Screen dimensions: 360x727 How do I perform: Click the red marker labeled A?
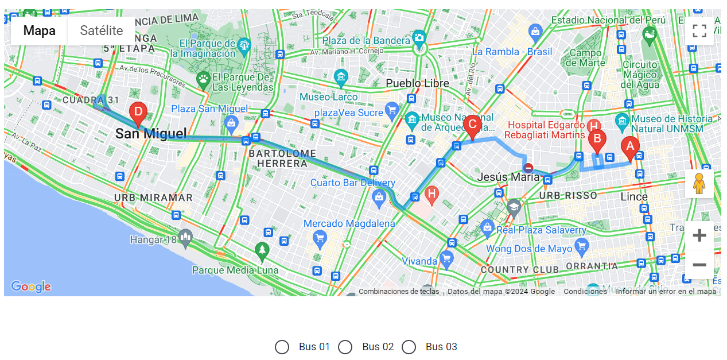click(x=630, y=148)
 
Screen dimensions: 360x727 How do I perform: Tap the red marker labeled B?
click(x=597, y=140)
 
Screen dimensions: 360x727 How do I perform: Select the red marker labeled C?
click(x=472, y=125)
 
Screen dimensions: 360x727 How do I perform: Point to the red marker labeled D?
click(x=138, y=113)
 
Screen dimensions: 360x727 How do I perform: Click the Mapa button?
click(x=39, y=31)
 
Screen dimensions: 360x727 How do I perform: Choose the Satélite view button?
click(x=102, y=31)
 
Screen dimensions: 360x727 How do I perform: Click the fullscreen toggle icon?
click(x=699, y=31)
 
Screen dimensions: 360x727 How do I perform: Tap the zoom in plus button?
click(x=699, y=235)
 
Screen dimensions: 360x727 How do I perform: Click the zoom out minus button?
click(x=699, y=265)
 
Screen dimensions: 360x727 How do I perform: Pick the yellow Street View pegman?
click(x=698, y=184)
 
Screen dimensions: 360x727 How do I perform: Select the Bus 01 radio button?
click(x=282, y=347)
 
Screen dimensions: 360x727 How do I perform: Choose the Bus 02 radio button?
click(x=345, y=347)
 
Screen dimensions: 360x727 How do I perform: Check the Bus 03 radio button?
click(x=409, y=347)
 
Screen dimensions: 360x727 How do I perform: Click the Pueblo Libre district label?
click(x=417, y=83)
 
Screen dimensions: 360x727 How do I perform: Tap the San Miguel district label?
click(x=151, y=134)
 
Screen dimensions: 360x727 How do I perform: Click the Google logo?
click(x=31, y=287)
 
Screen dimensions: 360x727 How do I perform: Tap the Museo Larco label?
click(x=329, y=97)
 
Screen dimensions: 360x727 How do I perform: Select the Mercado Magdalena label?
click(x=349, y=223)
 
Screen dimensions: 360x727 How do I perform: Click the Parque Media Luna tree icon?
click(x=262, y=250)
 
